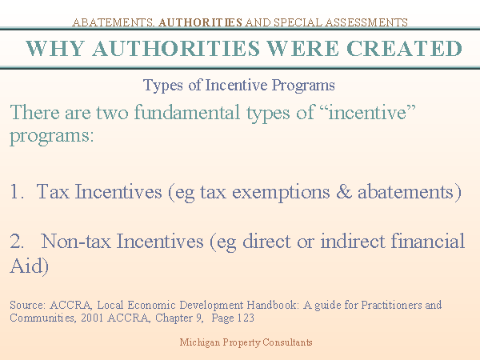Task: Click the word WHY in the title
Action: pos(54,48)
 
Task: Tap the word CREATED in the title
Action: pos(404,48)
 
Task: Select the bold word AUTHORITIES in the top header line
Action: pos(200,22)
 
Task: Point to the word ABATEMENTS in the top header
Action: pos(113,22)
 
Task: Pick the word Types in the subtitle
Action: pos(163,86)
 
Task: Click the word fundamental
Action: pos(187,112)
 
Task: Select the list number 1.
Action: pos(17,192)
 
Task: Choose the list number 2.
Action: pos(17,242)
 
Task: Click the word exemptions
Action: pos(281,193)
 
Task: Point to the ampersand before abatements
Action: pos(344,192)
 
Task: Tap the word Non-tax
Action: pos(76,242)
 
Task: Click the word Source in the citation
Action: pos(28,306)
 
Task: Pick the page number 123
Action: pos(246,318)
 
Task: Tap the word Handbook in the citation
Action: pos(272,306)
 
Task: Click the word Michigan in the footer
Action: pos(199,342)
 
